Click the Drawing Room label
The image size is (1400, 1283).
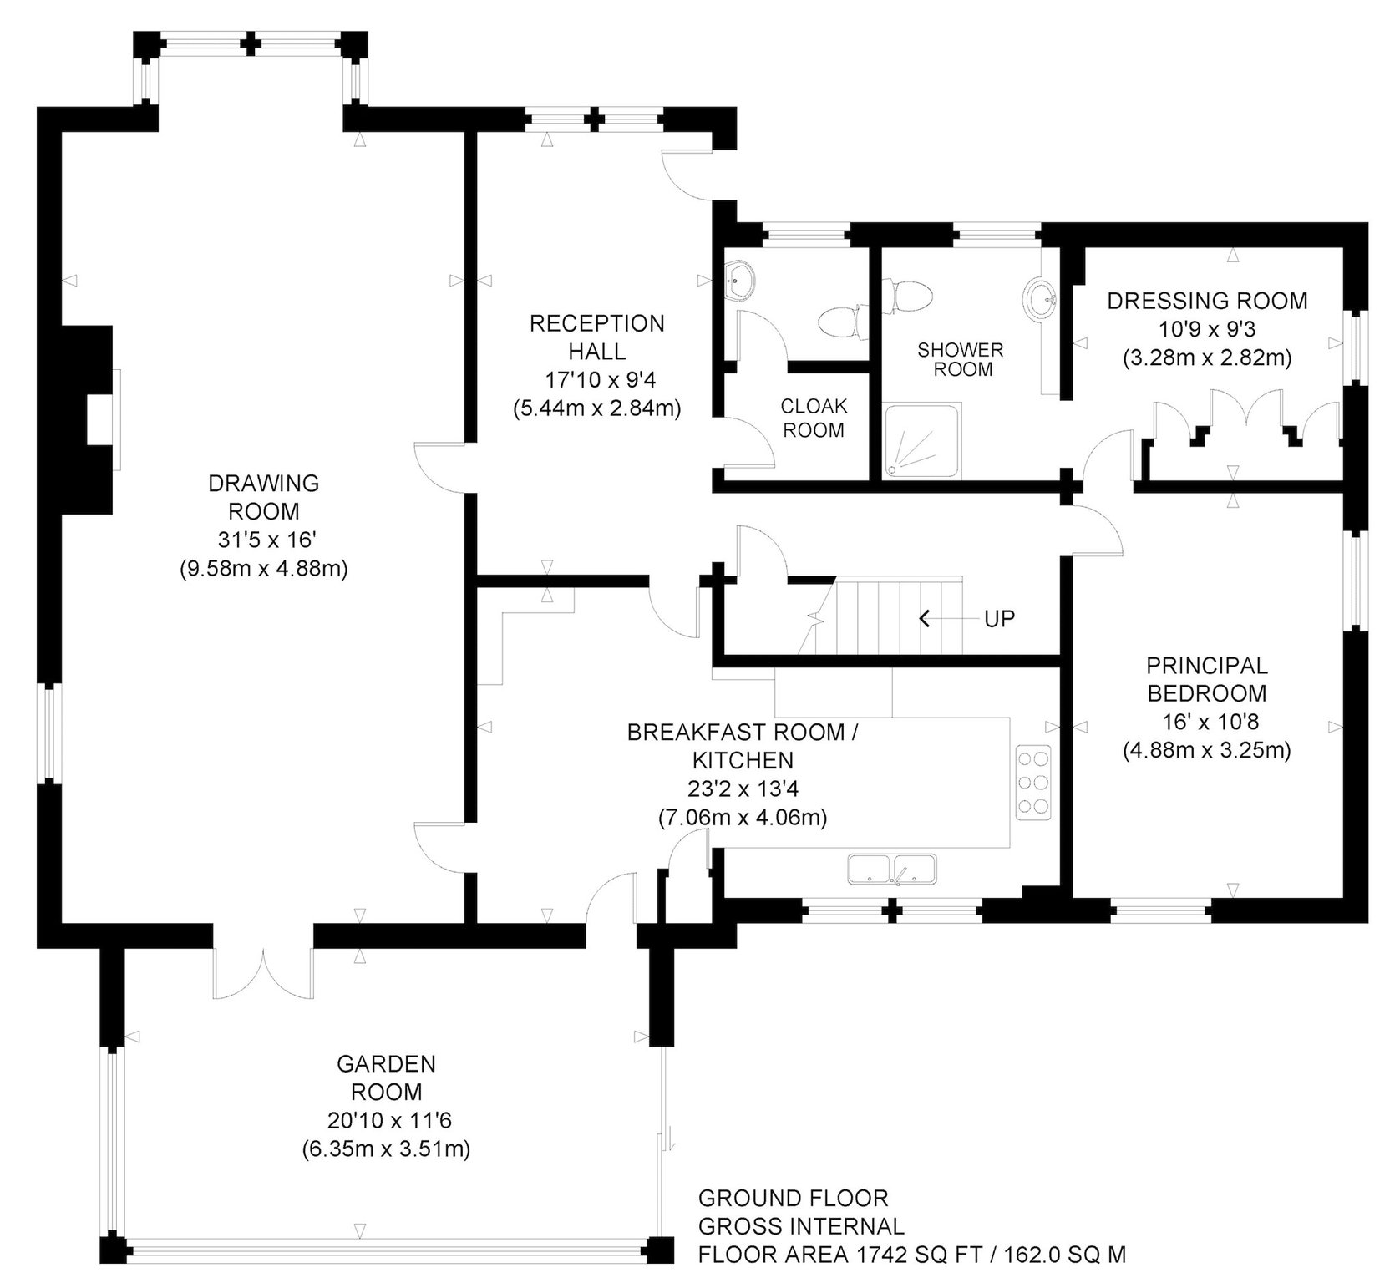point(263,496)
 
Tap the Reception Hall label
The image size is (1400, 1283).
point(596,337)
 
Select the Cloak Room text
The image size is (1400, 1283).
point(813,418)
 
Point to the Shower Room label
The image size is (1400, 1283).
point(961,359)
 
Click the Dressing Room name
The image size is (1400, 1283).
point(1207,301)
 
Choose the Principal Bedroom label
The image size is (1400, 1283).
point(1206,679)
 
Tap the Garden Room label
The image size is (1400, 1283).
point(386,1078)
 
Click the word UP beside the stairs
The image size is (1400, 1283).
point(999,619)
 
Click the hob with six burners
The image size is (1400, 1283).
point(1032,783)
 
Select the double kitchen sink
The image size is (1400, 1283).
point(892,869)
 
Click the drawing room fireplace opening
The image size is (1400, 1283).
point(100,420)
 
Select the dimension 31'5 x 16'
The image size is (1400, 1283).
point(263,540)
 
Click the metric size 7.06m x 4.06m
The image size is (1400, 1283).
point(743,817)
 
